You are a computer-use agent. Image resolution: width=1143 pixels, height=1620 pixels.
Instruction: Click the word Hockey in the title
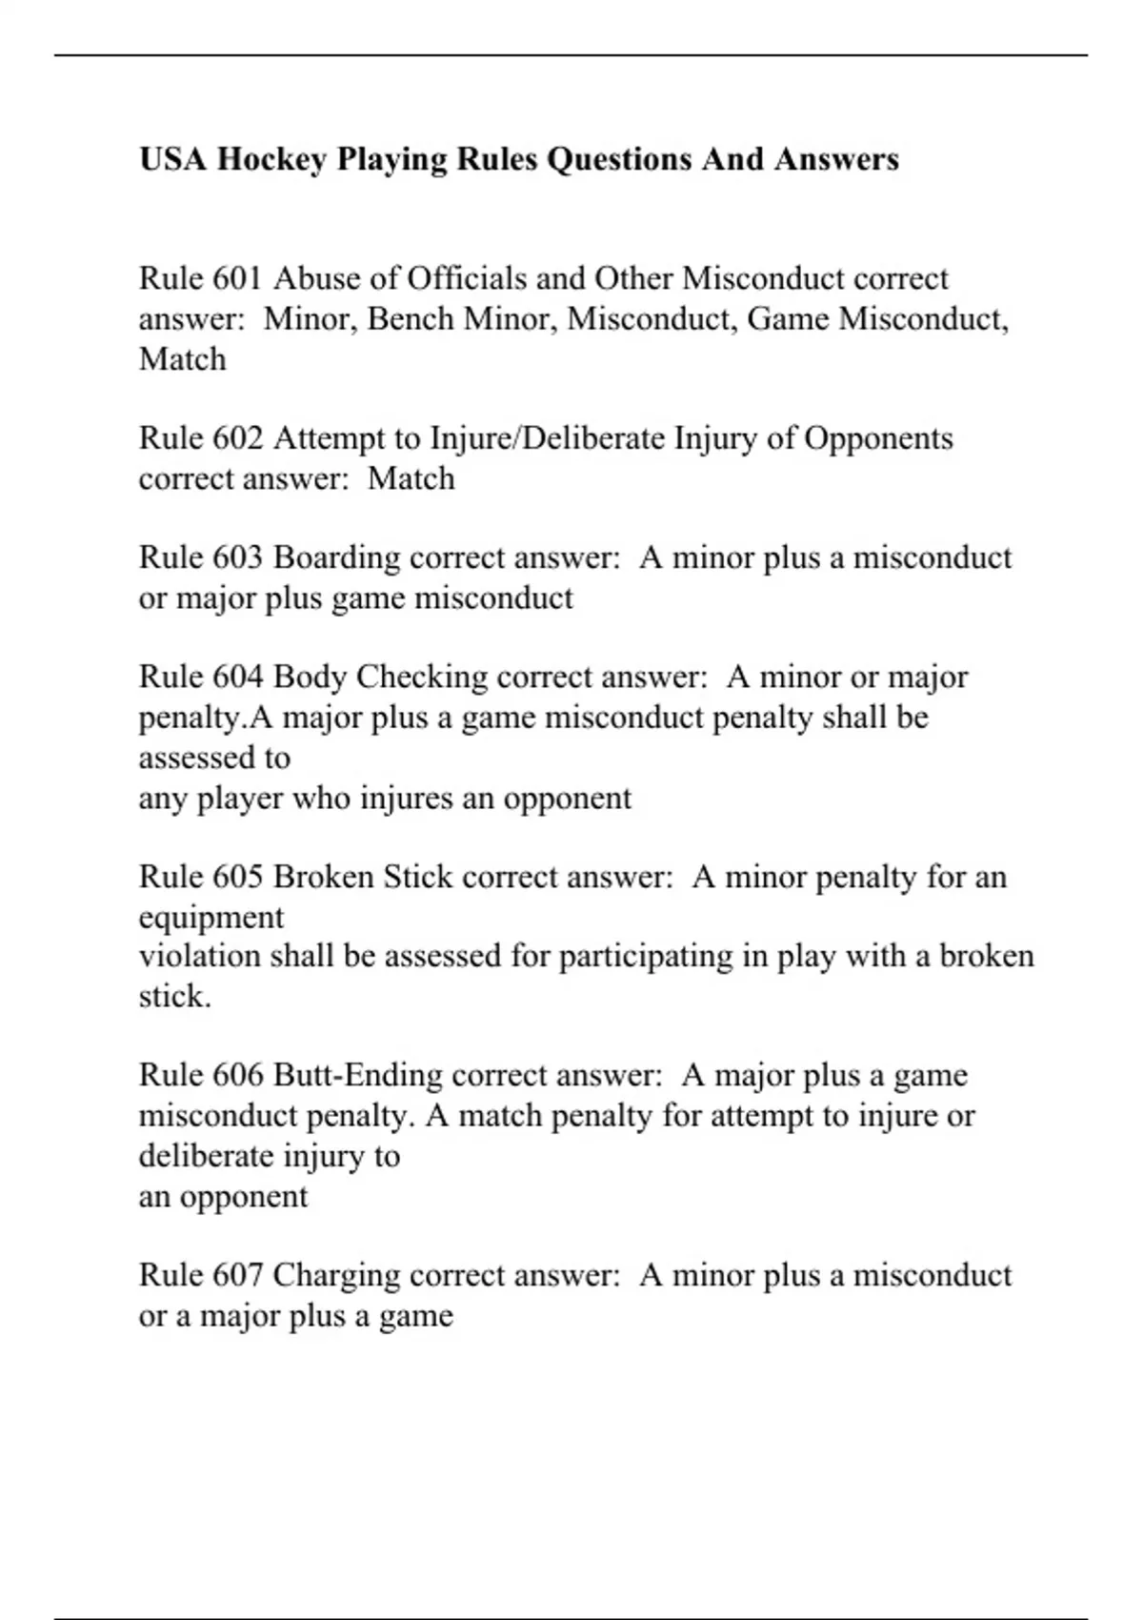[271, 159]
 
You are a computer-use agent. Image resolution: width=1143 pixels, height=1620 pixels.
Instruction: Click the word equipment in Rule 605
[211, 919]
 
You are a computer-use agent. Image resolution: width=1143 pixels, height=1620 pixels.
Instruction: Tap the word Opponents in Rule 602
[878, 438]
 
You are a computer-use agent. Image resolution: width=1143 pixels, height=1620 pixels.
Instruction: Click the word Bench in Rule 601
[410, 318]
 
